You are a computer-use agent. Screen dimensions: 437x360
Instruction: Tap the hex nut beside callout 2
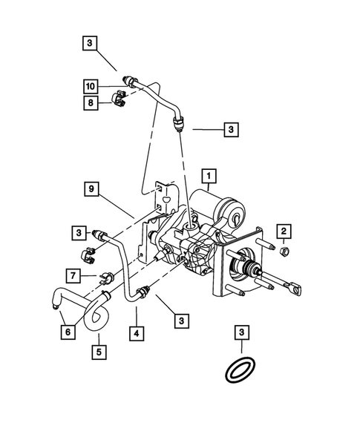click(x=284, y=254)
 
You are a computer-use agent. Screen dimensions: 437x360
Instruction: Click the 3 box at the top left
click(x=89, y=44)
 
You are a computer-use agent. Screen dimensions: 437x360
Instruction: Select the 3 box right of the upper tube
click(x=233, y=129)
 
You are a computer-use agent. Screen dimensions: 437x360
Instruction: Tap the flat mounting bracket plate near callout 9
click(x=160, y=223)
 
